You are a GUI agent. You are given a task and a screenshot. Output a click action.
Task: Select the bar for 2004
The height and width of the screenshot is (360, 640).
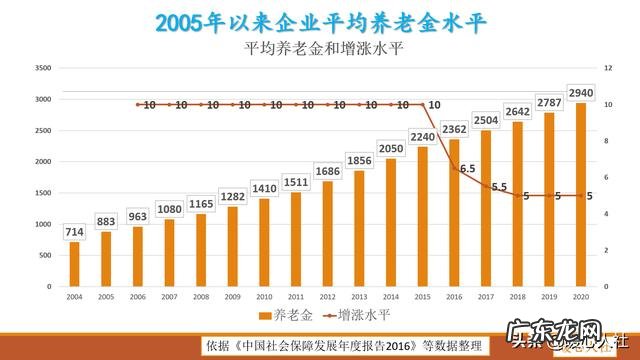click(74, 264)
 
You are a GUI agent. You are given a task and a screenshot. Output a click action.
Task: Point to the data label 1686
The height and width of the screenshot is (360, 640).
click(328, 171)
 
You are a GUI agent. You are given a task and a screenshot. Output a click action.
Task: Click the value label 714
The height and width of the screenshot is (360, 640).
click(74, 232)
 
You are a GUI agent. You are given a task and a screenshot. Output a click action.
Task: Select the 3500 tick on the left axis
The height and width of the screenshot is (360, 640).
click(42, 68)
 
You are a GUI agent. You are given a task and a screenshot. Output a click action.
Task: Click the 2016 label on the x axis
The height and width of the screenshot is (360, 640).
click(454, 296)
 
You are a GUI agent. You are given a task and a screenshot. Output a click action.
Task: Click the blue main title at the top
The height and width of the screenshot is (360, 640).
click(320, 20)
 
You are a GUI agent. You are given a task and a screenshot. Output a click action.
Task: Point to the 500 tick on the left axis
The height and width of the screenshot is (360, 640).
click(44, 255)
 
